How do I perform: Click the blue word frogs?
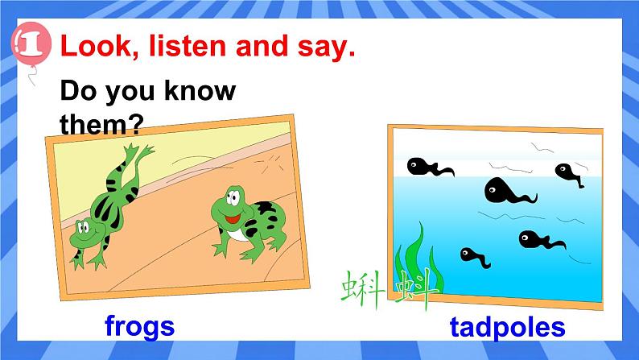139,325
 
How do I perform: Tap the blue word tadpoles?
507,327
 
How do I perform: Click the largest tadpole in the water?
503,192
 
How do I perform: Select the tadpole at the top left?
424,167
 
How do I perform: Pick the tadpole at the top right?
567,172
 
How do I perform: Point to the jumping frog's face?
83,230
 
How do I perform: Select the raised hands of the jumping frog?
138,153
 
